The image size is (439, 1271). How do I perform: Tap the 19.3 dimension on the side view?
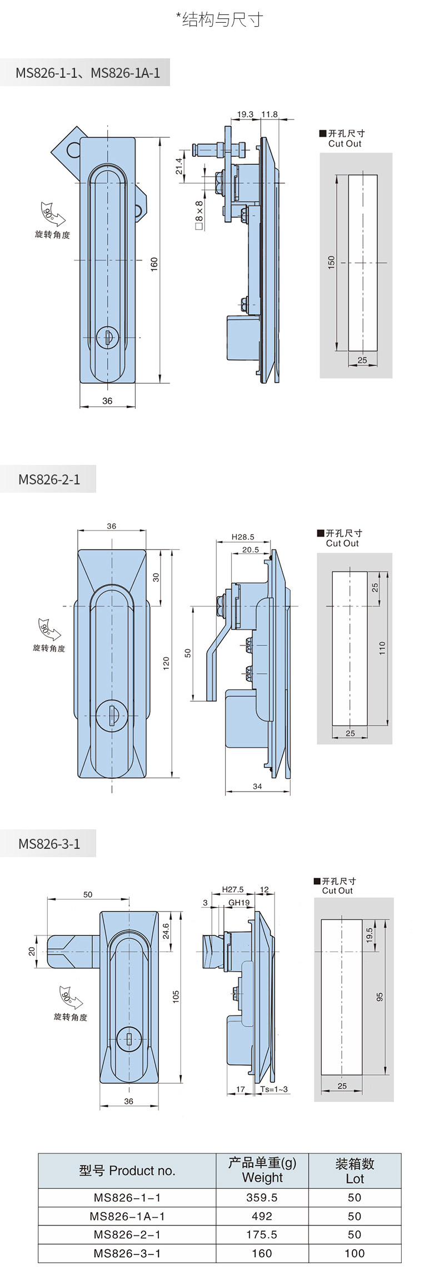point(245,114)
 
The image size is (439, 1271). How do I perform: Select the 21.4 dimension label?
point(179,166)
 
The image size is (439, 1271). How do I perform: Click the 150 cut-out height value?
point(331,262)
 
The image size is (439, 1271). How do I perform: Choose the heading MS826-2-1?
point(49,479)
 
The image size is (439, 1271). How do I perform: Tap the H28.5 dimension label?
point(243,537)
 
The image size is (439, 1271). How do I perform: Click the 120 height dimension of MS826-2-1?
point(166,663)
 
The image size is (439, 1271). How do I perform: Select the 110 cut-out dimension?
point(382,648)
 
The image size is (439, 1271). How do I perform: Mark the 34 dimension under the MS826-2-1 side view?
point(257,786)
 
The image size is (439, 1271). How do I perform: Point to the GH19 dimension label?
point(239,903)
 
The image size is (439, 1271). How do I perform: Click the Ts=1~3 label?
point(274,1089)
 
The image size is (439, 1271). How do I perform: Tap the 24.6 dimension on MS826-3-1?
point(166,932)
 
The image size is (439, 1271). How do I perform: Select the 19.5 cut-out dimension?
point(370,935)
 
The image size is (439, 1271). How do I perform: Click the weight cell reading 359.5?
point(262,1198)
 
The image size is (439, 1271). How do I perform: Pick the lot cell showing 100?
point(355,1253)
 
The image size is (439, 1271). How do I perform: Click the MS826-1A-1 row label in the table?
point(127,1217)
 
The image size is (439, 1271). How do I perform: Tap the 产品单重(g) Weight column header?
point(262,1170)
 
